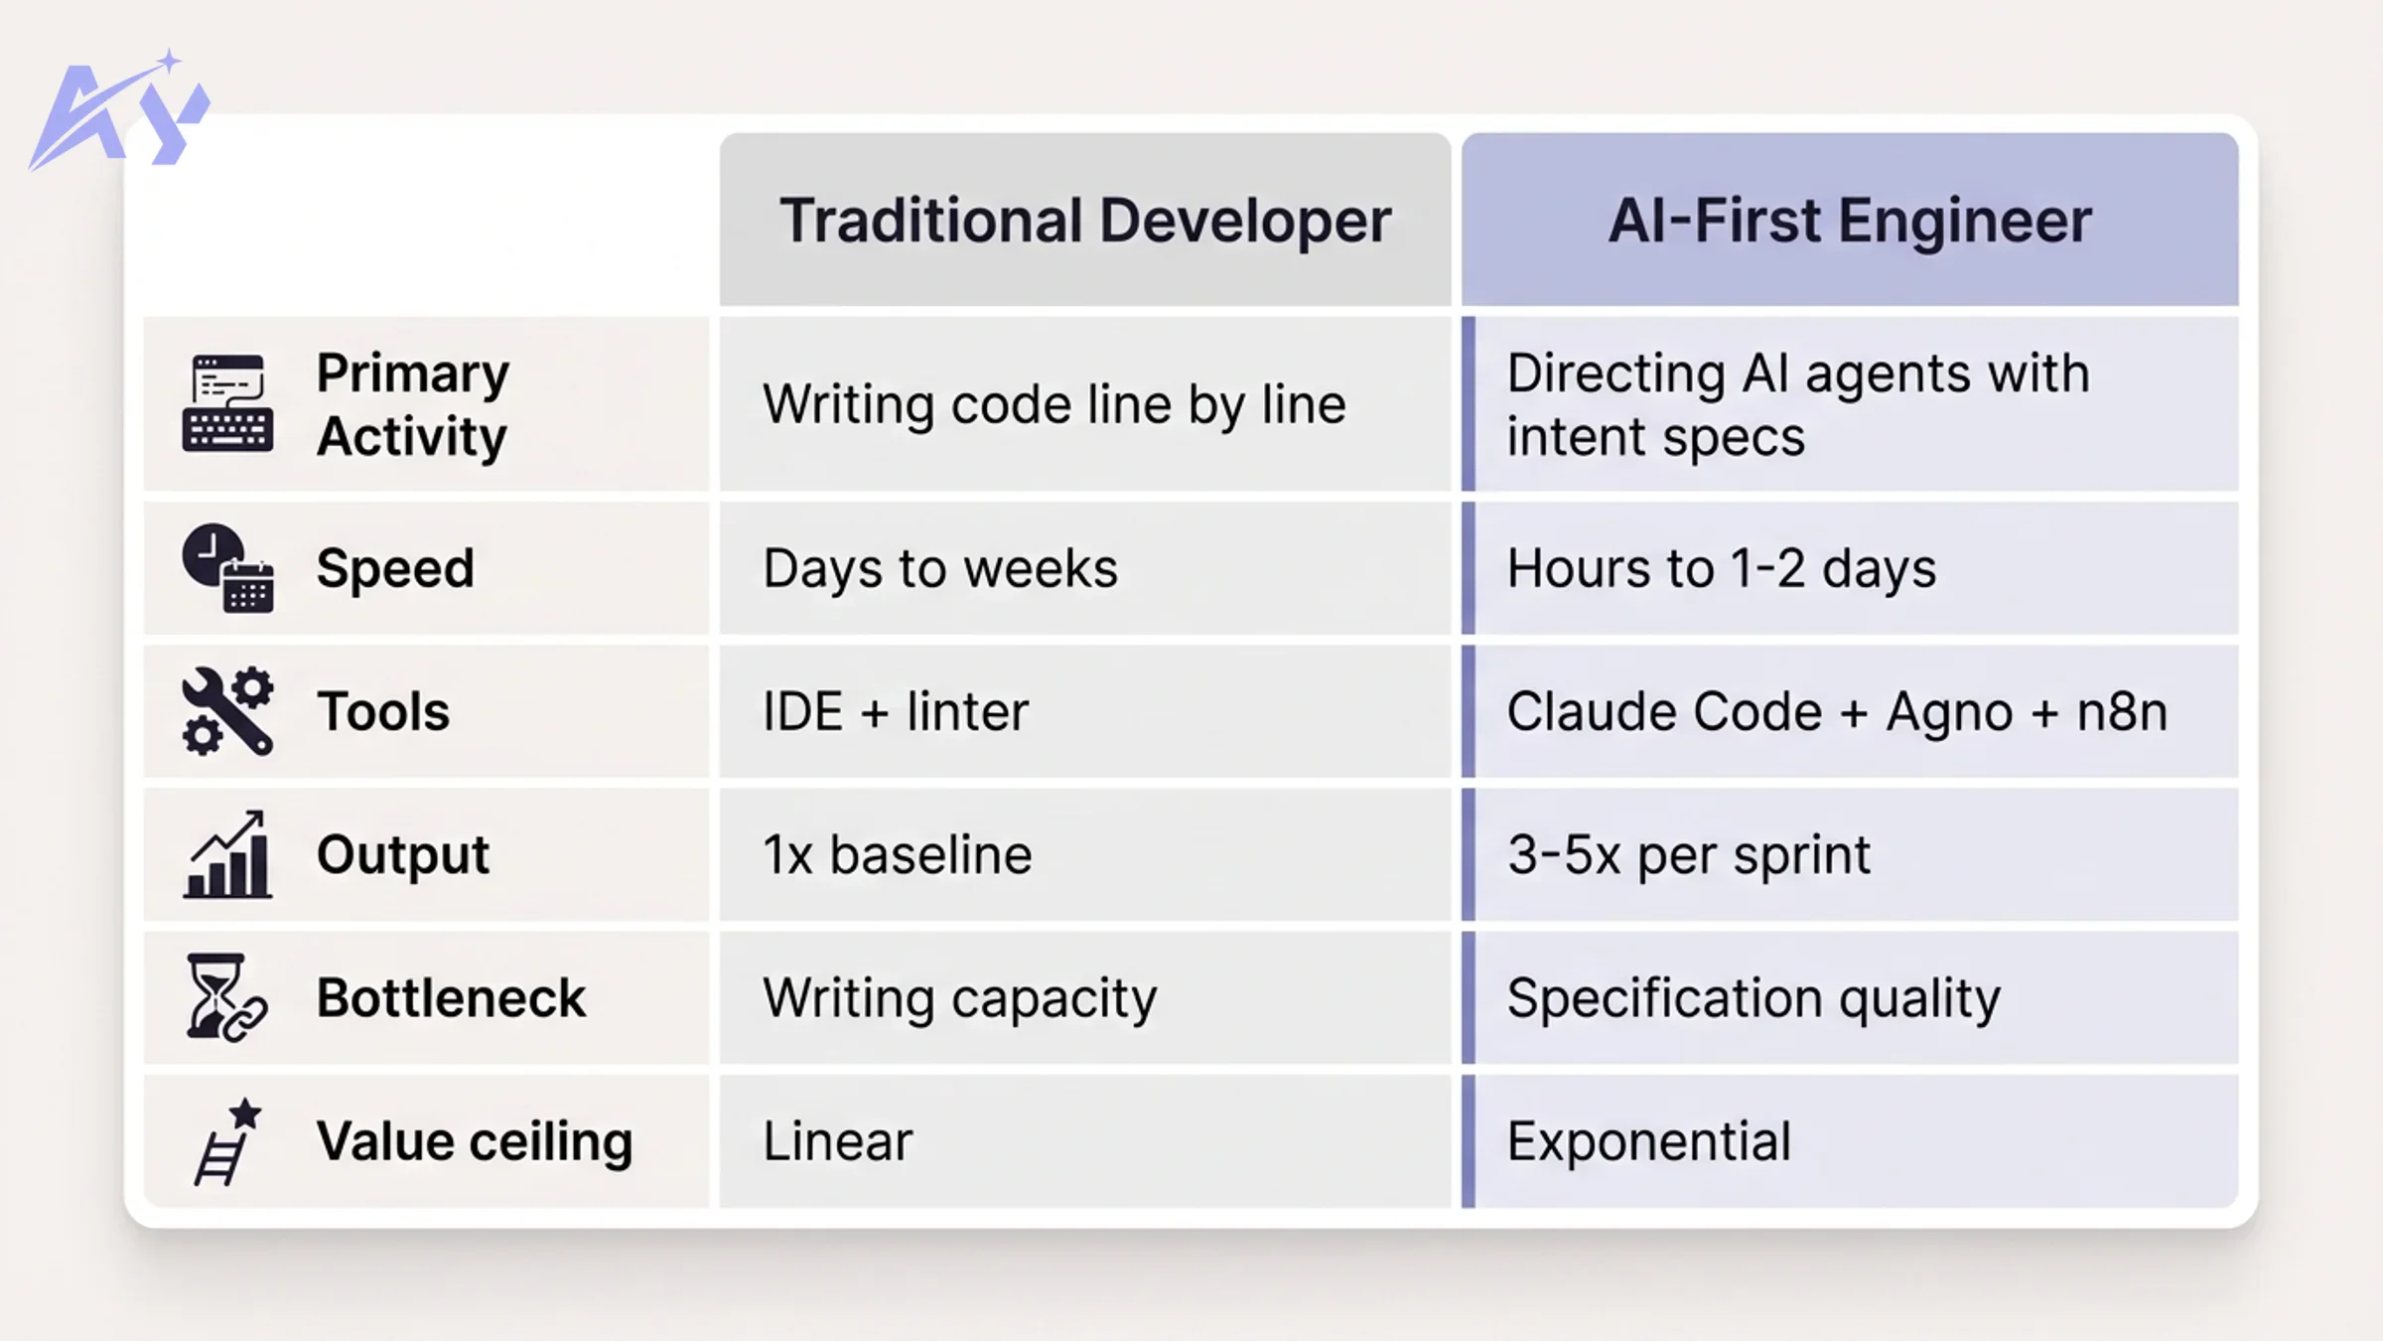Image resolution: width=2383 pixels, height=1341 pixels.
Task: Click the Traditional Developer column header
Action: (1084, 220)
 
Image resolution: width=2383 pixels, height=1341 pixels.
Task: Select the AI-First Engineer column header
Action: (1849, 220)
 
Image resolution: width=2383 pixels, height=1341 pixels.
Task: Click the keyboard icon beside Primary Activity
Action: (227, 403)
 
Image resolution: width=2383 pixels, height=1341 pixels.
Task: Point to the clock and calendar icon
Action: (227, 568)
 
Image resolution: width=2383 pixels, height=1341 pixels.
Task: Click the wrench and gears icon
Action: (227, 711)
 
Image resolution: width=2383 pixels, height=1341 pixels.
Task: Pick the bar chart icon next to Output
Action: (227, 854)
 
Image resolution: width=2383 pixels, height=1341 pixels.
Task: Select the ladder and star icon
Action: (227, 1141)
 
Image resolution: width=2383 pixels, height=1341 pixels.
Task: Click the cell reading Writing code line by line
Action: (1054, 404)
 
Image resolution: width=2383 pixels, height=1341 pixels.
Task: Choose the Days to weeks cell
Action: (940, 568)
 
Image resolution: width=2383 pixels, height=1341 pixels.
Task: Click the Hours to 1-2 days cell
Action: (1722, 568)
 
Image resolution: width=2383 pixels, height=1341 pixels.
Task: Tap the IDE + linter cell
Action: (896, 711)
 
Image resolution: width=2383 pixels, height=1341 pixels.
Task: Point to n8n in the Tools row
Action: (2122, 711)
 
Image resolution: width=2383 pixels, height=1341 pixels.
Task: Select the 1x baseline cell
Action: (898, 854)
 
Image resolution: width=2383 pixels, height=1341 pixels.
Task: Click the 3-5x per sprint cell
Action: (1689, 854)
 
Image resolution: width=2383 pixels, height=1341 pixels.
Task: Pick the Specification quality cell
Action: (1753, 997)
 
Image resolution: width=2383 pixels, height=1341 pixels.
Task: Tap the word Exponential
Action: (1649, 1141)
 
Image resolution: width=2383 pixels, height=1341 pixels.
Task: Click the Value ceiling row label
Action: (475, 1141)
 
